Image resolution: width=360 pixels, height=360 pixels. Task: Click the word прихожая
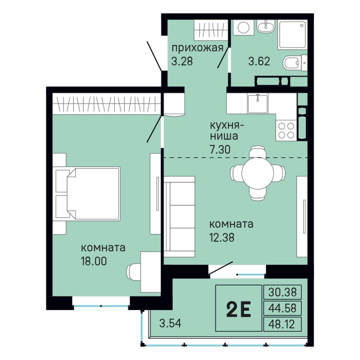[198, 49]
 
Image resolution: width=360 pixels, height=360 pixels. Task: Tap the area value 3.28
[182, 62]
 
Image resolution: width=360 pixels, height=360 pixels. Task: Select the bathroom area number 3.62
[259, 61]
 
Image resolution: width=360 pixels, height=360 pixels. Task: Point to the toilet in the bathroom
[295, 63]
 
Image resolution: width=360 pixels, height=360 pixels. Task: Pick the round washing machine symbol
[243, 27]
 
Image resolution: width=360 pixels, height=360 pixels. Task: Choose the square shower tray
[292, 35]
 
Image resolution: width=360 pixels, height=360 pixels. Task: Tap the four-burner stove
[286, 130]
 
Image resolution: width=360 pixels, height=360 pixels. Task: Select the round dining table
[257, 173]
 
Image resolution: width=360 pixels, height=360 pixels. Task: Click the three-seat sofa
[179, 216]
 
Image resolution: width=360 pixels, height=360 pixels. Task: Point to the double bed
[86, 194]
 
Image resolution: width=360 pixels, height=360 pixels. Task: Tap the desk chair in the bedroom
[134, 272]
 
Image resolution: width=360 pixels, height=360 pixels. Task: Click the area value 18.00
[94, 261]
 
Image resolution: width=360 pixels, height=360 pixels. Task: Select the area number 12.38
[221, 238]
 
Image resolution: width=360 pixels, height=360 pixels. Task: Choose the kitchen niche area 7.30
[220, 150]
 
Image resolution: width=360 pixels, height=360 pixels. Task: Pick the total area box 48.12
[283, 324]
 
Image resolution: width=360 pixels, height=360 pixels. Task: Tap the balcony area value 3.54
[171, 323]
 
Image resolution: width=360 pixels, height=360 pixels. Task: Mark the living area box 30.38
[283, 292]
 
